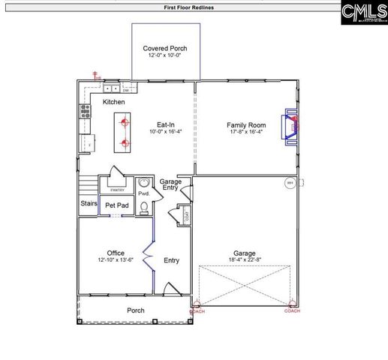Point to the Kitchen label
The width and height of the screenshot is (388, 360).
114,102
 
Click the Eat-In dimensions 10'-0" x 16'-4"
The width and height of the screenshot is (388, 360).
166,131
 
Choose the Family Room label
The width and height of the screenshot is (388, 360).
247,124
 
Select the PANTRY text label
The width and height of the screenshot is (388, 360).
117,180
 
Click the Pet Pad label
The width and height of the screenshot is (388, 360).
116,205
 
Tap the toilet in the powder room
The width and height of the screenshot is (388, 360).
144,207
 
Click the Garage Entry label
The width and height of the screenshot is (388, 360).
170,184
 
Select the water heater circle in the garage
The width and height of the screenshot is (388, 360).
290,183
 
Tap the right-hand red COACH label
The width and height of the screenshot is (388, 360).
292,311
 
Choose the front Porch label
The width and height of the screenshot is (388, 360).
136,310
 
